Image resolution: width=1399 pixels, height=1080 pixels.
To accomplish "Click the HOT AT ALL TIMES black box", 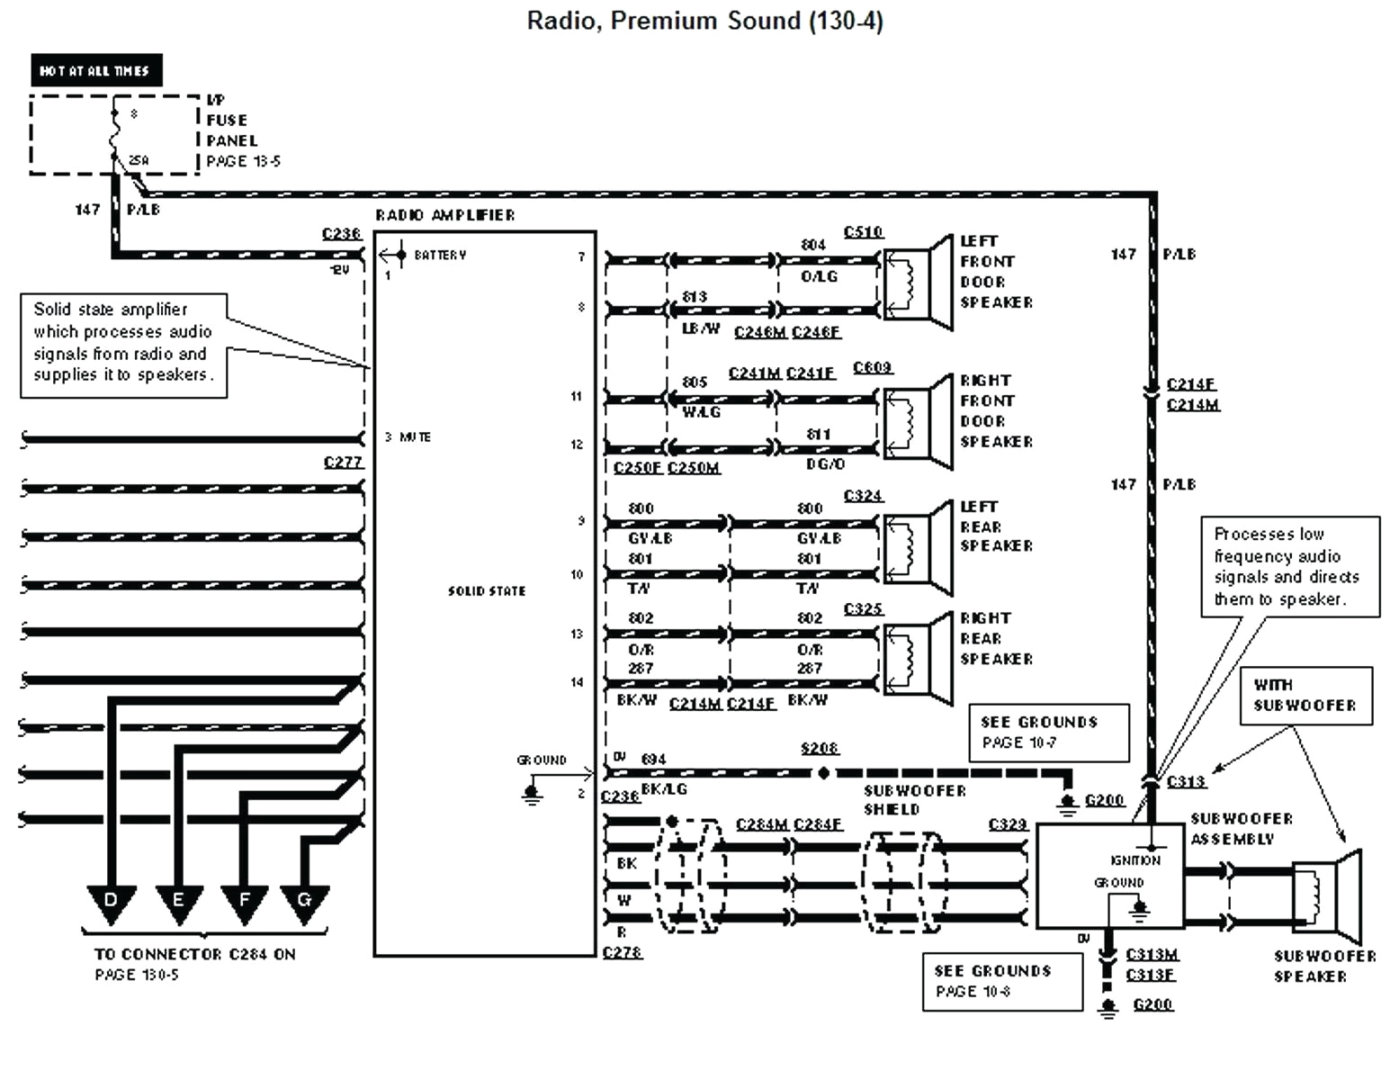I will [95, 70].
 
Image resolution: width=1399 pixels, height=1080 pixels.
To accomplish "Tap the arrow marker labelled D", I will [111, 903].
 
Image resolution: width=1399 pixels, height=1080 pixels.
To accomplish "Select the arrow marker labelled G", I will [304, 903].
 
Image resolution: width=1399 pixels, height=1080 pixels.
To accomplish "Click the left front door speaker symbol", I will [918, 281].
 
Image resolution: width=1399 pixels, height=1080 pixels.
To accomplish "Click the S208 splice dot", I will [822, 772].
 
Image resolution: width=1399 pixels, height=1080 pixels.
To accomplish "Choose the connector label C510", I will [863, 232].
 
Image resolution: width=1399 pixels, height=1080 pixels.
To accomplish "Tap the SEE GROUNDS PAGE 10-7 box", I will [1048, 732].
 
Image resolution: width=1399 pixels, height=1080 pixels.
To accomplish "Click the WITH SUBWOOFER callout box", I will [1305, 695].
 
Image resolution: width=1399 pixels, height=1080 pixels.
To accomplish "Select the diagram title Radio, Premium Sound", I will [704, 21].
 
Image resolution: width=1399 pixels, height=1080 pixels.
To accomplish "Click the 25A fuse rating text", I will [139, 161].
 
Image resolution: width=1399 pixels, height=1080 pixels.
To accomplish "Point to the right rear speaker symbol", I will [918, 657].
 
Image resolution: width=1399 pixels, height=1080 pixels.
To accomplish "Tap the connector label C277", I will [343, 463].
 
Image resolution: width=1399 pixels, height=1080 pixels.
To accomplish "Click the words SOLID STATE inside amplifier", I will [486, 591].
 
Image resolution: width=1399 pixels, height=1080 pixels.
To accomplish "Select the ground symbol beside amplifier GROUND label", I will [532, 794].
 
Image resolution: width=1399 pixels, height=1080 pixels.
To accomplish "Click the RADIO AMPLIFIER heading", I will [444, 215].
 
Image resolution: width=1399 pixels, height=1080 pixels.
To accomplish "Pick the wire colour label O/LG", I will [819, 276].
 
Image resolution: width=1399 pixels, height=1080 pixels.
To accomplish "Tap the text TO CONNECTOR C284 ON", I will [194, 954].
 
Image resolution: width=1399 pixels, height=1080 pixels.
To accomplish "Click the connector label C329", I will [1007, 824].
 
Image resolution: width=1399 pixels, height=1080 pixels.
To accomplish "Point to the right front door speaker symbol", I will [918, 420].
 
